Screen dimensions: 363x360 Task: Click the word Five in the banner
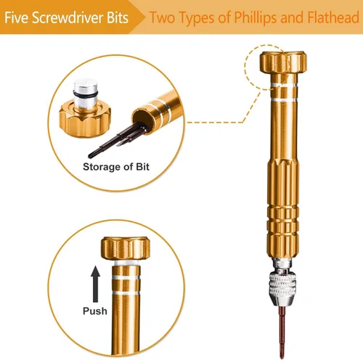click(17, 17)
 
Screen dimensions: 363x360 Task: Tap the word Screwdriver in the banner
click(68, 17)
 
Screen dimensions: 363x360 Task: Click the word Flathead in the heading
click(333, 17)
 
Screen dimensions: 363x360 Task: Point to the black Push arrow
click(96, 284)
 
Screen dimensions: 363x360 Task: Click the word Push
click(95, 311)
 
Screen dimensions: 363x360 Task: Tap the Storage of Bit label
click(116, 167)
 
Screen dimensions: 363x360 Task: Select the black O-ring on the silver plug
click(86, 93)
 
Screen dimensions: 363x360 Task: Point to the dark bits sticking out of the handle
click(118, 140)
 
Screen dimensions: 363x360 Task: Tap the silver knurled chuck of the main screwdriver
click(282, 285)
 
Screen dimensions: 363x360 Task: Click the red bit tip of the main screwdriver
click(282, 332)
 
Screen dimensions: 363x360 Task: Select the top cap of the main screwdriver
click(283, 62)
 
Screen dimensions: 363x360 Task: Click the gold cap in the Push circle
click(125, 248)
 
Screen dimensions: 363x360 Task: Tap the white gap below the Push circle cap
click(126, 263)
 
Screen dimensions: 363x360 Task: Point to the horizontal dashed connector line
click(215, 122)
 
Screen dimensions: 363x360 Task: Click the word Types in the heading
click(197, 18)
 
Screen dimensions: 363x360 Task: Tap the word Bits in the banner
click(118, 17)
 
